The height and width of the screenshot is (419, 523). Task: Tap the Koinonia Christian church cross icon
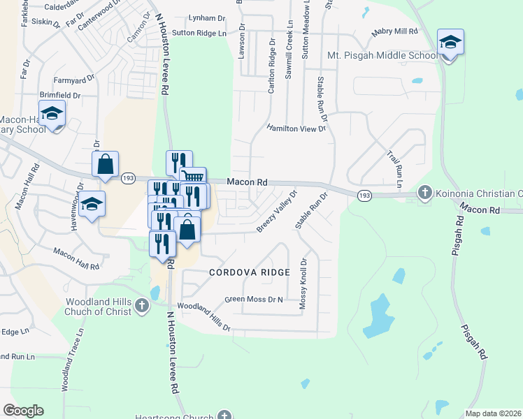[x=424, y=192]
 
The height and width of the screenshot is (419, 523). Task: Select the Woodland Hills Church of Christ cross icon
[x=142, y=305]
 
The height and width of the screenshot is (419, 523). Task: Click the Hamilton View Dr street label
[x=297, y=128]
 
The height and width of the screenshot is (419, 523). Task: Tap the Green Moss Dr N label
[x=254, y=300]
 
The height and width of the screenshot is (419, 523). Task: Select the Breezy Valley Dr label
[x=277, y=211]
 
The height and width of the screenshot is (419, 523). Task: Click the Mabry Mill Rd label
[x=394, y=31]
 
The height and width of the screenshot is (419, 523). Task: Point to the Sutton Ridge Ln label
[x=199, y=33]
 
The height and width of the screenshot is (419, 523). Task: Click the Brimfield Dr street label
[x=60, y=95]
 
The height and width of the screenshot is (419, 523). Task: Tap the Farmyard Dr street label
[x=72, y=80]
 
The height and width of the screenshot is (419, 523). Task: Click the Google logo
[x=23, y=411]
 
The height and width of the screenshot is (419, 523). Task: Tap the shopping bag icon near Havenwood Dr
[x=105, y=165]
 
